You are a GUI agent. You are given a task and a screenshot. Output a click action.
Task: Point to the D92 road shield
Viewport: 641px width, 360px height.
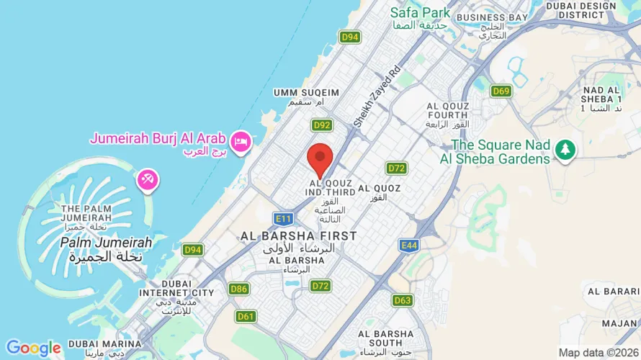(322, 125)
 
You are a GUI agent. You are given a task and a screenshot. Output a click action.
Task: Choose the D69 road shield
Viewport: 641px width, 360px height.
(501, 91)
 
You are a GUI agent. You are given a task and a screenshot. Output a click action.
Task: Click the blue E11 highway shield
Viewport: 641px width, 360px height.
(283, 217)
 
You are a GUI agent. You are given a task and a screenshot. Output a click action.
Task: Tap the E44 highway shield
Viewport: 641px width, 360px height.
(410, 246)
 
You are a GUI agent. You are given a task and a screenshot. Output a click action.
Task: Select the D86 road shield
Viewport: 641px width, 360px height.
(239, 289)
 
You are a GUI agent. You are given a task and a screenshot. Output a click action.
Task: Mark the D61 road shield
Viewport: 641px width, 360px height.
(246, 316)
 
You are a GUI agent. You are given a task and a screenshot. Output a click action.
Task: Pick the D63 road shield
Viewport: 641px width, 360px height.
(403, 300)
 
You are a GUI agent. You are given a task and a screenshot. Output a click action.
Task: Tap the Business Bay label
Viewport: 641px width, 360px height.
(493, 17)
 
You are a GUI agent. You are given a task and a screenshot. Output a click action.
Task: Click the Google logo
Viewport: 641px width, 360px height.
(33, 348)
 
